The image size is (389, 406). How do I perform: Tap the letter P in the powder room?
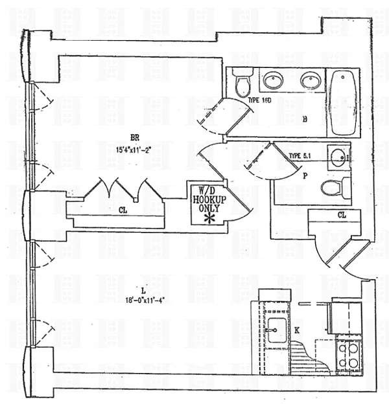[x=304, y=175]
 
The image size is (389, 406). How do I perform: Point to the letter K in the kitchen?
[x=297, y=330]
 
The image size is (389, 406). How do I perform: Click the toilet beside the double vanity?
[x=242, y=83]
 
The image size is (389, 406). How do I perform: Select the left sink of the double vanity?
[x=274, y=81]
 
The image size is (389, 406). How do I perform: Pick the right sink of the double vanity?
[x=311, y=81]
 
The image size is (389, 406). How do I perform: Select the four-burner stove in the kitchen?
[x=349, y=355]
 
